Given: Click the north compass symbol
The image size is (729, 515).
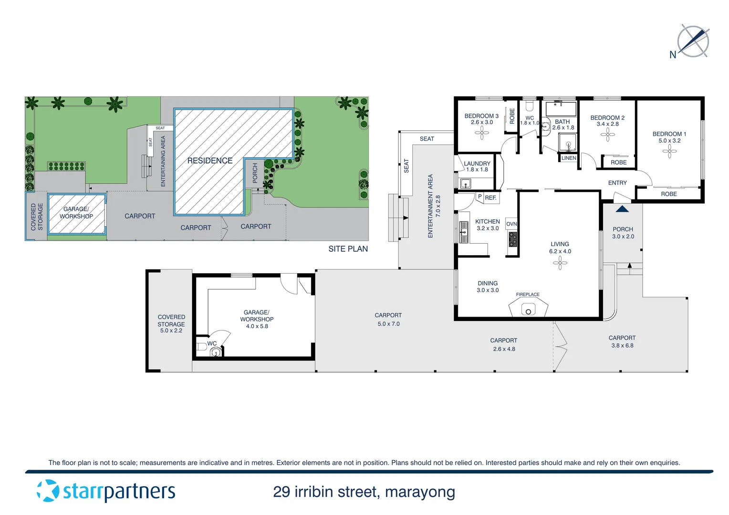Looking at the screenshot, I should pyautogui.click(x=693, y=41).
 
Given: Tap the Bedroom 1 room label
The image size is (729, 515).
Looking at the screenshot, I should pyautogui.click(x=669, y=137).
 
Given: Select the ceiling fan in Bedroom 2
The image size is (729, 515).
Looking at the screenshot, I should pyautogui.click(x=607, y=135).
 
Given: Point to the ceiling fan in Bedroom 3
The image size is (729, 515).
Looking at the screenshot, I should pyautogui.click(x=481, y=133).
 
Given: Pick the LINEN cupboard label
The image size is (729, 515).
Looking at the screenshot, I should pyautogui.click(x=568, y=158).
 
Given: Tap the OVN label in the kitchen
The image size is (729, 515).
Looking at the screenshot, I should pyautogui.click(x=511, y=224).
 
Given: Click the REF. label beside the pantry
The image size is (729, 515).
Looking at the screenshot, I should pyautogui.click(x=490, y=198).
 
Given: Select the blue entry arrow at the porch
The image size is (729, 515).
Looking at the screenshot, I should pyautogui.click(x=622, y=209).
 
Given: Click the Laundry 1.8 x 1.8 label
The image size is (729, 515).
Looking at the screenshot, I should pyautogui.click(x=477, y=166).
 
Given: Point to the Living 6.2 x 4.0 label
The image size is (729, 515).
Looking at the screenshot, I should pyautogui.click(x=560, y=247).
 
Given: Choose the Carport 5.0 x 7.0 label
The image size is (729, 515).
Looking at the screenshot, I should pyautogui.click(x=388, y=319).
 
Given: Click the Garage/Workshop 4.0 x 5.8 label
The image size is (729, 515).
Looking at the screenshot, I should pyautogui.click(x=257, y=319).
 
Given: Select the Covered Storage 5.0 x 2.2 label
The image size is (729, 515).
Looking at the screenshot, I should pyautogui.click(x=171, y=324).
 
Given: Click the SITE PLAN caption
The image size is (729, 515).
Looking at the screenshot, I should pyautogui.click(x=348, y=249).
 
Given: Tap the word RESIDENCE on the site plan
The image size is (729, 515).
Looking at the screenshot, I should pyautogui.click(x=210, y=161).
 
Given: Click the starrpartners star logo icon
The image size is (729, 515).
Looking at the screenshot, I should pyautogui.click(x=48, y=491).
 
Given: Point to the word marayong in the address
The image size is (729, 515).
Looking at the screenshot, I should pyautogui.click(x=420, y=492).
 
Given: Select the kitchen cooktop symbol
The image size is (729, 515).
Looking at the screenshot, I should pyautogui.click(x=512, y=239).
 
